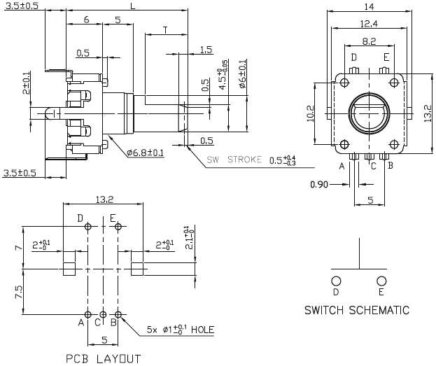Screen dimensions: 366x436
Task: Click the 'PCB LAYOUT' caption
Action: click(103, 359)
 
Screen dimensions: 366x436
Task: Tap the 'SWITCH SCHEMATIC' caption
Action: click(357, 309)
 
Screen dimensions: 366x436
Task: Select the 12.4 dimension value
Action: click(370, 24)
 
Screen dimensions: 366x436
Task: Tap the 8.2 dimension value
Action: click(370, 41)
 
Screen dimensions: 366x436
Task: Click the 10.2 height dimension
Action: click(312, 112)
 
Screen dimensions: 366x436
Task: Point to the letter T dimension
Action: click(164, 29)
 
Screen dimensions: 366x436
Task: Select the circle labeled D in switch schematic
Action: click(336, 279)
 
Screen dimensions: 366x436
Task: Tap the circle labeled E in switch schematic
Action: click(381, 279)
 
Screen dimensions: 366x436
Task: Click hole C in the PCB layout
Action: click(103, 314)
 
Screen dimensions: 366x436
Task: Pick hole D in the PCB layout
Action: click(87, 227)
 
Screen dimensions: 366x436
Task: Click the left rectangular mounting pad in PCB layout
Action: click(69, 268)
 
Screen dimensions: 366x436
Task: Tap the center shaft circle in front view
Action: click(369, 112)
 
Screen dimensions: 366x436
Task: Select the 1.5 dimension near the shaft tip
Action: click(205, 49)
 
